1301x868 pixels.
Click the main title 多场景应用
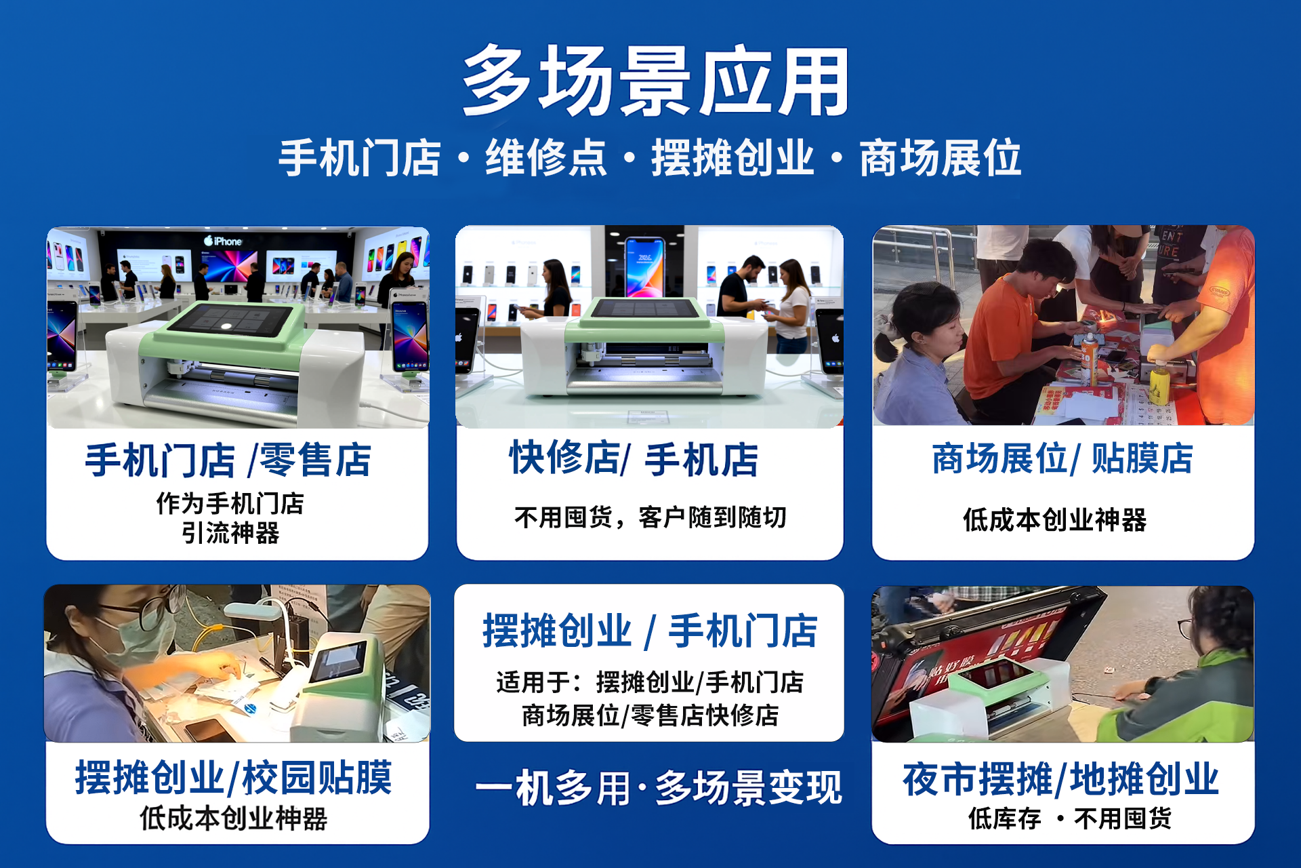coord(655,81)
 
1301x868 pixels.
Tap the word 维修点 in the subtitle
coord(546,158)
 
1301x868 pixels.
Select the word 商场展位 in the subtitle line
coord(941,158)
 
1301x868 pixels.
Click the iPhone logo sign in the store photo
coord(223,241)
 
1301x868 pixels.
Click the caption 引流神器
coord(230,533)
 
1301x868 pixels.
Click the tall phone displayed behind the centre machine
coord(644,268)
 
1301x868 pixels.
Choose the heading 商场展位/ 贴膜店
coord(1062,458)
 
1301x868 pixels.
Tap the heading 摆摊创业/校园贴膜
coord(234,777)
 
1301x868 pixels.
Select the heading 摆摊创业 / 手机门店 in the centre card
coord(650,631)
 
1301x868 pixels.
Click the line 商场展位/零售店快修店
coord(650,715)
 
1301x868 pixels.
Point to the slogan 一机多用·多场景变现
coord(659,788)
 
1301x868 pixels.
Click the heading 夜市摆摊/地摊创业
coord(1061,778)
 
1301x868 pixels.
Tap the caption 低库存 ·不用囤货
coord(1070,818)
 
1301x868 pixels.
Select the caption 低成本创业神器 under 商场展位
coord(1055,520)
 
